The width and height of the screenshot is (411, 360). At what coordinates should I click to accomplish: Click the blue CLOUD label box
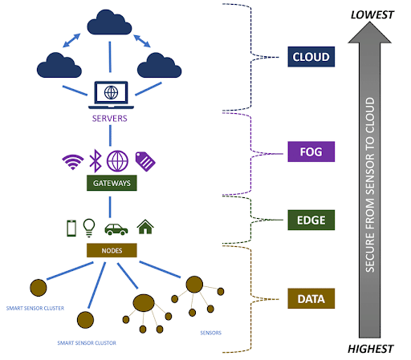(x=311, y=57)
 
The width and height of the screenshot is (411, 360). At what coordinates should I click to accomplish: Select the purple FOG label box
(x=311, y=152)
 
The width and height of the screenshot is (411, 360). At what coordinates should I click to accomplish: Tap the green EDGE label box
(x=311, y=220)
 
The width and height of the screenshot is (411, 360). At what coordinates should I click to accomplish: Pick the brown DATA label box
(x=311, y=298)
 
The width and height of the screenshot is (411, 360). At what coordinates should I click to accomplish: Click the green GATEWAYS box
(x=112, y=183)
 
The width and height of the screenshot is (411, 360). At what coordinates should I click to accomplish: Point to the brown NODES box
(x=112, y=250)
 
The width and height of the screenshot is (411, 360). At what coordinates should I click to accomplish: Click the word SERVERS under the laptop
(x=110, y=119)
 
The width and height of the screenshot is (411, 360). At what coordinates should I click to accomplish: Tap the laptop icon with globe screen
(x=111, y=95)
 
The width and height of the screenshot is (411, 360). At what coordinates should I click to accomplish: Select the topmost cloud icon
(x=109, y=22)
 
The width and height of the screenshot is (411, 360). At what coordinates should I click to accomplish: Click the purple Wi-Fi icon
(x=73, y=162)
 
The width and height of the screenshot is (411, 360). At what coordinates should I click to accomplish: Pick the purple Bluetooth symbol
(x=96, y=160)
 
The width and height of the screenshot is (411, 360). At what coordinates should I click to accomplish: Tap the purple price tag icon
(x=145, y=161)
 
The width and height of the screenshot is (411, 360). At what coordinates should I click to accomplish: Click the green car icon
(x=116, y=229)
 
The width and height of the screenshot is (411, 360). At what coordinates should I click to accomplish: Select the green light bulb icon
(x=89, y=228)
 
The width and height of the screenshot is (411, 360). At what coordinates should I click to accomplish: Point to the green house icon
(x=145, y=227)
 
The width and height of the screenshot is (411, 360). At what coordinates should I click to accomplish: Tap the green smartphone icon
(x=71, y=229)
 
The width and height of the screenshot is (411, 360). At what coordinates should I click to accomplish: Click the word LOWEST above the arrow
(x=372, y=15)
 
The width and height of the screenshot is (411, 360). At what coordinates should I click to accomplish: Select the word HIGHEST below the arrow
(x=370, y=349)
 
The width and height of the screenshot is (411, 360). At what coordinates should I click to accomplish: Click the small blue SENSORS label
(x=211, y=333)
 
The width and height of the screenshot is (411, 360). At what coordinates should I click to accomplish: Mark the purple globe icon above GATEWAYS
(x=117, y=161)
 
